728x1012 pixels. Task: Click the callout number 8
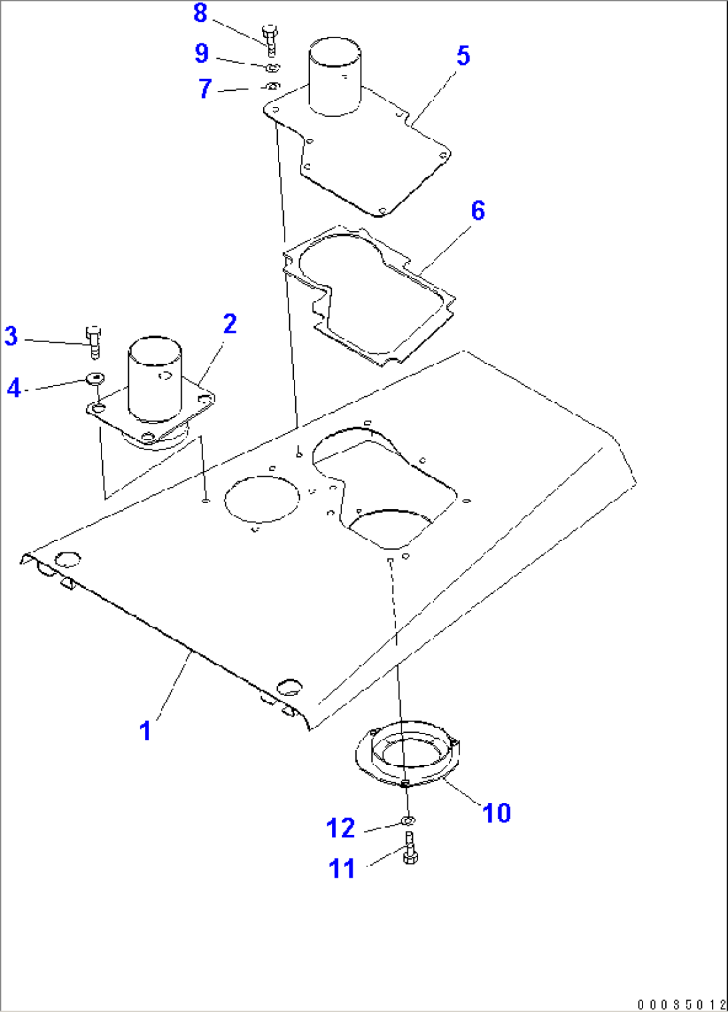[x=200, y=13]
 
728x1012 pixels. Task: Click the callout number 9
[x=202, y=53]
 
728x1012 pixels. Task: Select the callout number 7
[x=205, y=88]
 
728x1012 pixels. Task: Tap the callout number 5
[x=464, y=56]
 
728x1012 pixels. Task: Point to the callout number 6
[x=478, y=211]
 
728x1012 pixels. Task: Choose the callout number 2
[x=230, y=325]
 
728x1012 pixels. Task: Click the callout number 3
[x=11, y=336]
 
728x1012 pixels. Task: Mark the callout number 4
[x=14, y=387]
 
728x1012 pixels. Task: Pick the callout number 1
[x=146, y=731]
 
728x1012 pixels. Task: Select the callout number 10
[x=496, y=813]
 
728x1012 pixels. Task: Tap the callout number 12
[x=341, y=828]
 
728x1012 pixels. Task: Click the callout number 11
[x=342, y=869]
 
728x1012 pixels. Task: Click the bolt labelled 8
[x=270, y=40]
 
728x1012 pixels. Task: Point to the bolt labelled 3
[x=94, y=342]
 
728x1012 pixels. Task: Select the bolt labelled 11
[x=409, y=848]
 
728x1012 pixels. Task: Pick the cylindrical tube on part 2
[x=155, y=378]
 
